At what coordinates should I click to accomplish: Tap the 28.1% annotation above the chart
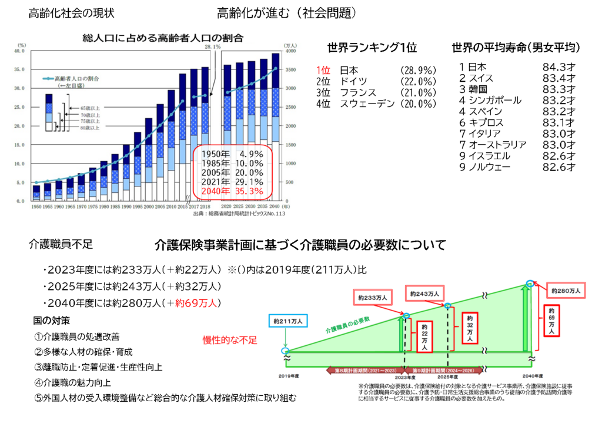(x=213, y=46)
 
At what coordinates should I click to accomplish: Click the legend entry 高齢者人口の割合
(x=76, y=78)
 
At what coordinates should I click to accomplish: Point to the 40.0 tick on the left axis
(x=21, y=51)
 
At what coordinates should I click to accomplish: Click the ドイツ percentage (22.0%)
(x=417, y=81)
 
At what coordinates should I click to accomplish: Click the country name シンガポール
(x=494, y=101)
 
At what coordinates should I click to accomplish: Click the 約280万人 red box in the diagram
(x=566, y=291)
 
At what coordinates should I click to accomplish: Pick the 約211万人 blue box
(x=287, y=322)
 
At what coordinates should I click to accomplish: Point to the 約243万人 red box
(x=425, y=293)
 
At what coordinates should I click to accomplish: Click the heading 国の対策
(x=52, y=321)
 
